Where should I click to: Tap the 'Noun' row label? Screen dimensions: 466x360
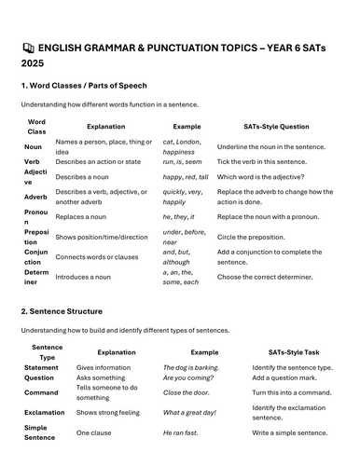[34, 146]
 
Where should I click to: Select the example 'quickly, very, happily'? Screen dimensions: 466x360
[185, 197]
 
